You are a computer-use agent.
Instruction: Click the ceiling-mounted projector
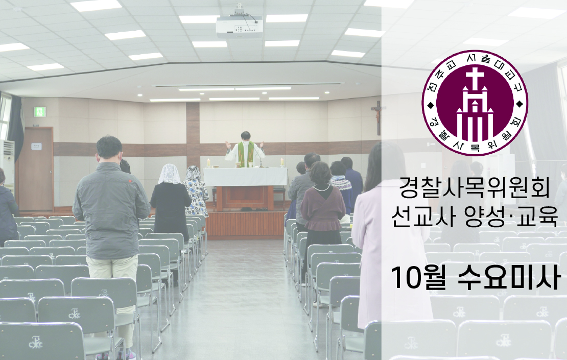(x=240, y=26)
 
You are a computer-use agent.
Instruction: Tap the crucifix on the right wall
(x=378, y=117)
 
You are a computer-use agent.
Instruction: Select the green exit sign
(x=40, y=112)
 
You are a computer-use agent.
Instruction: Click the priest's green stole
(x=246, y=154)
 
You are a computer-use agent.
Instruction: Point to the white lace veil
(x=170, y=174)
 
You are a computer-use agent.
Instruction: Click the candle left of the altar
(x=208, y=162)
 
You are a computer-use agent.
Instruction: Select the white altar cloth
(x=246, y=177)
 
